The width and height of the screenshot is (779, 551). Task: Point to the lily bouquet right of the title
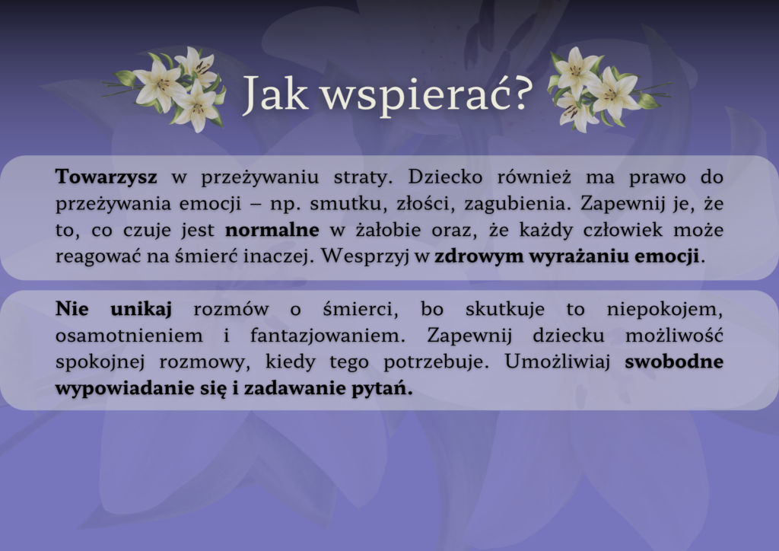[x=604, y=89]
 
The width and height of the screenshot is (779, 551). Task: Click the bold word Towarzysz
[x=107, y=177]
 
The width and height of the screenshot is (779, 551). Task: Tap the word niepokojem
[x=666, y=309]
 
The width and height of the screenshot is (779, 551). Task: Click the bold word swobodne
[x=674, y=362]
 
